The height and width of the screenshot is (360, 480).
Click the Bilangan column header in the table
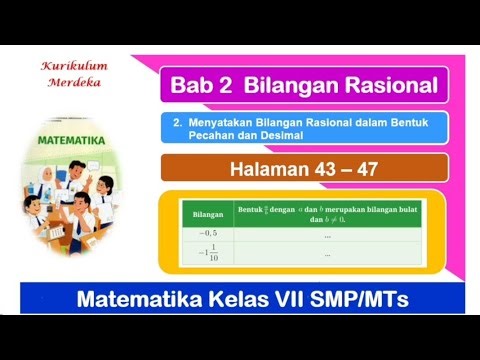[207, 214]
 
